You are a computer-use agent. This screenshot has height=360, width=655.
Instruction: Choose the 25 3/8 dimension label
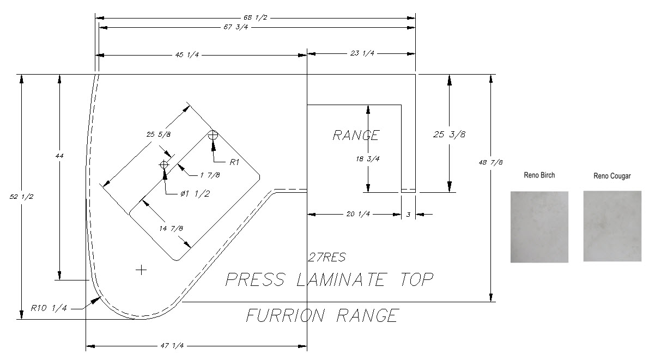450,135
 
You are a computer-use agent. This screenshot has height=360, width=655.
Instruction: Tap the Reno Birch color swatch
539,227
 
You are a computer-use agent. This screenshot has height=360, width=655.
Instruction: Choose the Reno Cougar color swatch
612,225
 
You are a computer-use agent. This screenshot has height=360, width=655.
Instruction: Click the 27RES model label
326,257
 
